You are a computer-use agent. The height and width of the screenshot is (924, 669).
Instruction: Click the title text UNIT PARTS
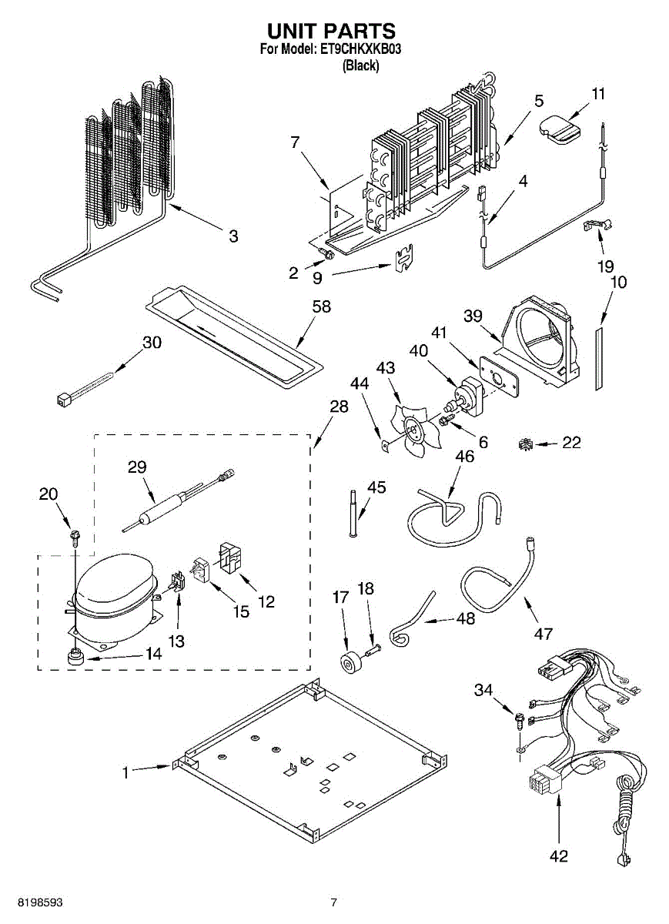point(331,31)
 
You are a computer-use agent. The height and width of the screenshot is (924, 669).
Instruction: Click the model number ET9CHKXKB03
point(360,50)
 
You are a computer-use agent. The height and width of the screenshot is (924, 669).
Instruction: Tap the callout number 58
point(321,306)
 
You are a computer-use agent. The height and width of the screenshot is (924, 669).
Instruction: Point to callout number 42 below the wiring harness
point(558,855)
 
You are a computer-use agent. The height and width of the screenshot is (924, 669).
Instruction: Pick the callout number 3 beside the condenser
point(233,236)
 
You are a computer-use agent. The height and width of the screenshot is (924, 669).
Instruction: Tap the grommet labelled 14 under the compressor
point(75,656)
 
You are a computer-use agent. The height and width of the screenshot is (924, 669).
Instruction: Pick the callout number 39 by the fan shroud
point(473,316)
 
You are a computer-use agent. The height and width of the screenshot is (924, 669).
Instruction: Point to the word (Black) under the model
point(360,66)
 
